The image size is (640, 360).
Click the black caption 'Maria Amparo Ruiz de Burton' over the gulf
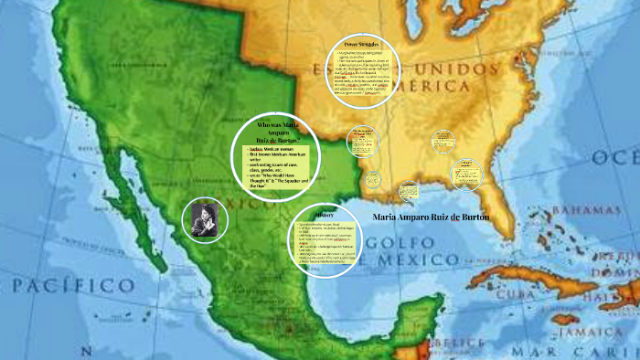point(432,217)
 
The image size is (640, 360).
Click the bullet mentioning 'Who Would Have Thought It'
point(279,176)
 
